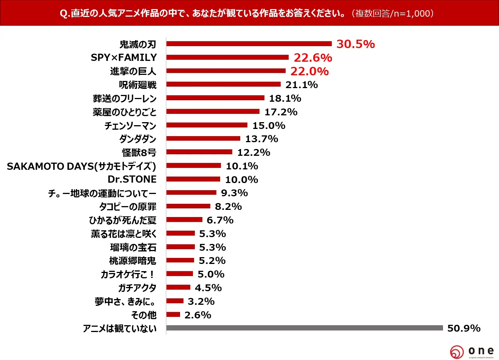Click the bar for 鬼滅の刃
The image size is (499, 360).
click(x=249, y=43)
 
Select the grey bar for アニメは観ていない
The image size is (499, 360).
click(x=305, y=328)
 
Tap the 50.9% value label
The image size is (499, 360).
click(x=464, y=328)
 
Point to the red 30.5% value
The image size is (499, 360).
click(x=356, y=44)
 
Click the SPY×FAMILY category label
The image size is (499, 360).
click(x=124, y=57)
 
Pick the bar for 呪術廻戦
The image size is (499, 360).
click(x=224, y=84)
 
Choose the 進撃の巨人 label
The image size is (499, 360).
click(x=133, y=71)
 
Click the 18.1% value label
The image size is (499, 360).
click(x=285, y=98)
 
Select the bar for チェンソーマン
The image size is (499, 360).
click(x=207, y=125)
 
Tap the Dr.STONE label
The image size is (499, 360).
click(x=132, y=179)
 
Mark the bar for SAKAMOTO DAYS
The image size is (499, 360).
click(x=194, y=165)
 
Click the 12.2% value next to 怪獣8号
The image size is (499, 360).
click(x=254, y=152)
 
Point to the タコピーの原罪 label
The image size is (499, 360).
click(x=128, y=206)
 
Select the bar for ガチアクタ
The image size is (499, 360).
click(x=178, y=287)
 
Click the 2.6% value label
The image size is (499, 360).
click(x=198, y=315)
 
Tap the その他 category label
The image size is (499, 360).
click(x=144, y=315)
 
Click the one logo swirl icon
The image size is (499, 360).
click(x=457, y=352)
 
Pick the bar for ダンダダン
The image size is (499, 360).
click(x=203, y=138)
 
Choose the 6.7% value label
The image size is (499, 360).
click(x=220, y=220)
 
